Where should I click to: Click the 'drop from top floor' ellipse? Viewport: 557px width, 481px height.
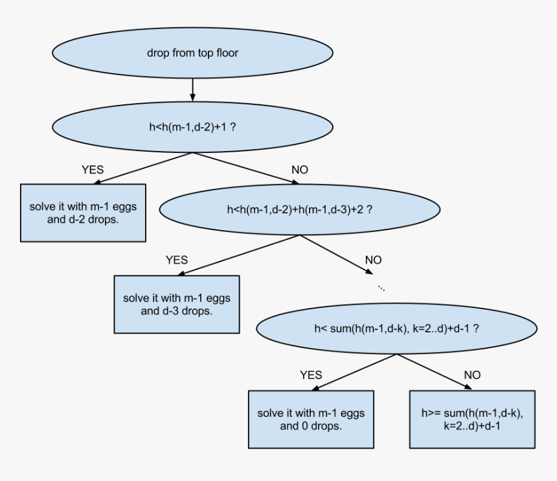pyautogui.click(x=192, y=53)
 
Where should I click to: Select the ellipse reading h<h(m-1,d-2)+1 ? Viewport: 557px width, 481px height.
pyautogui.click(x=192, y=127)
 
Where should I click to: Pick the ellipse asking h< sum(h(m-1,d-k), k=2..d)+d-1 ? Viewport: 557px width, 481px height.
pyautogui.click(x=396, y=329)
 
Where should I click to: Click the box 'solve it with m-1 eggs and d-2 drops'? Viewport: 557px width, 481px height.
pyautogui.click(x=83, y=213)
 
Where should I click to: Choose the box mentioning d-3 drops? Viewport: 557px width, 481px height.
pyautogui.click(x=177, y=305)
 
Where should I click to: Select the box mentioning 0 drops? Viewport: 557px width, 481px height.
pyautogui.click(x=311, y=419)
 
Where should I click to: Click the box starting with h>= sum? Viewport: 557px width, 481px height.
pyautogui.click(x=472, y=419)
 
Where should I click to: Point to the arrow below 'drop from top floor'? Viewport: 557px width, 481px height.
pyautogui.click(x=192, y=89)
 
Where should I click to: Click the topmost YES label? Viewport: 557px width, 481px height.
pyautogui.click(x=92, y=170)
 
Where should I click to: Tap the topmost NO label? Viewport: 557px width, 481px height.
pyautogui.click(x=300, y=170)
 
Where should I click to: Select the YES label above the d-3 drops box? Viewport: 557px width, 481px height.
pyautogui.click(x=176, y=260)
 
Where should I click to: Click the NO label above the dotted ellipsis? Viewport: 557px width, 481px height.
pyautogui.click(x=373, y=260)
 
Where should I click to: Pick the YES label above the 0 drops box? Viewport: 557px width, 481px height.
pyautogui.click(x=311, y=375)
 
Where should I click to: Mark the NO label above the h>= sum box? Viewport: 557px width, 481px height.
pyautogui.click(x=472, y=375)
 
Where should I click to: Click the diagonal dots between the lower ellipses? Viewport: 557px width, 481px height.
pyautogui.click(x=381, y=287)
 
